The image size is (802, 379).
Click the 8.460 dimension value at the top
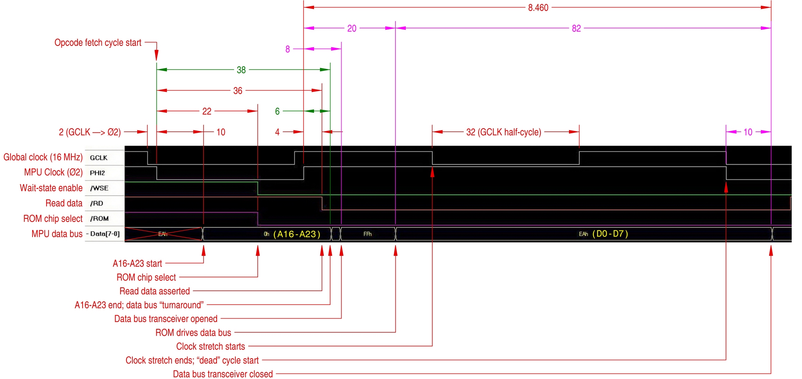click(x=538, y=8)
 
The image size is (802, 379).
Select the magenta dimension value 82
click(x=576, y=29)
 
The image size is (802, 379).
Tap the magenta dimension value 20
click(x=352, y=29)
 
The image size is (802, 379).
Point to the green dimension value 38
click(x=241, y=70)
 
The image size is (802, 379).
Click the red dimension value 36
click(x=238, y=91)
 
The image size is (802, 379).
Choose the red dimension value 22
click(x=207, y=112)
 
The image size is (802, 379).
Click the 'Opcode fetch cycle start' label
click(x=98, y=43)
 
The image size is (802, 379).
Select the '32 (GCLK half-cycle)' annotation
click(x=504, y=132)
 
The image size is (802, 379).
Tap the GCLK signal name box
click(x=99, y=158)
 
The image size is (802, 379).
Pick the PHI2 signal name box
click(x=98, y=173)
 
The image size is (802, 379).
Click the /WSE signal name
click(x=99, y=188)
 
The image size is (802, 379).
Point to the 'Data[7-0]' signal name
click(x=105, y=234)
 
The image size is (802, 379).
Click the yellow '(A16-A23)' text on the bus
click(x=297, y=234)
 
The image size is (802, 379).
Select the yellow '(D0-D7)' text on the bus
click(x=610, y=234)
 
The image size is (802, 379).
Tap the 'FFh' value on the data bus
click(x=367, y=234)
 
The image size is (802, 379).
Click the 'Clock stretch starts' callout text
click(x=210, y=346)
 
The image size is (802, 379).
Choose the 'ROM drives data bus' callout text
click(x=193, y=333)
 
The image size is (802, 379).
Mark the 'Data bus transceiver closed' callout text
click(x=223, y=374)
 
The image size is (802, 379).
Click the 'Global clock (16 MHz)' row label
click(x=43, y=158)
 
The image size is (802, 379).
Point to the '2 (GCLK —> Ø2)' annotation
click(x=90, y=132)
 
